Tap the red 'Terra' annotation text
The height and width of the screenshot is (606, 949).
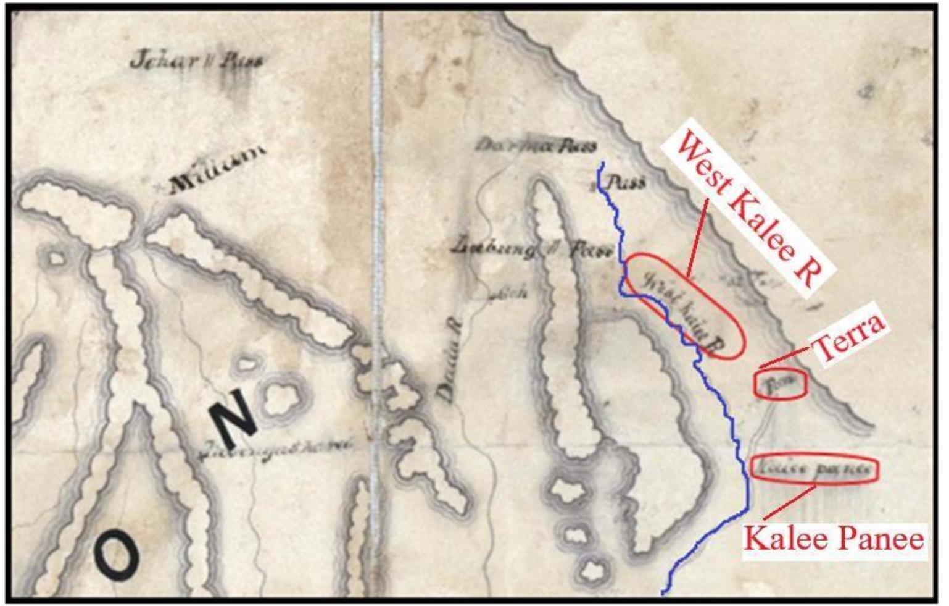point(850,338)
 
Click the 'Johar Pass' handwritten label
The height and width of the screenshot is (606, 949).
point(196,61)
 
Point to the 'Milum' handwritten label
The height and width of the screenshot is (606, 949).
point(217,167)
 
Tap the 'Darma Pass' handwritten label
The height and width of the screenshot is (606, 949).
point(536,146)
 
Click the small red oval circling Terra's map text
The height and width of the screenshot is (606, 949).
point(780,384)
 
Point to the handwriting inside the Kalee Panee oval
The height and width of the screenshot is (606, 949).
point(814,469)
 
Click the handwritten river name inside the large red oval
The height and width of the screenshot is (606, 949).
point(679,309)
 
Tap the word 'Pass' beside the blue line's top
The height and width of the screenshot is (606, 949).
point(627,183)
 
